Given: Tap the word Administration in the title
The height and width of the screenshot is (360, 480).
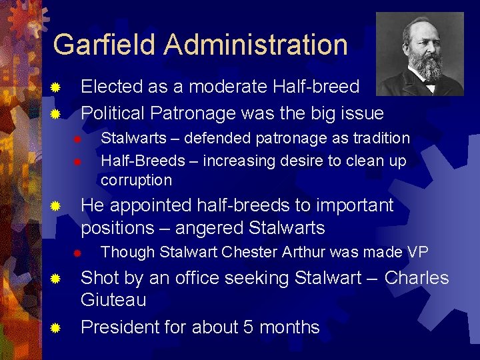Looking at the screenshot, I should pyautogui.click(x=255, y=45).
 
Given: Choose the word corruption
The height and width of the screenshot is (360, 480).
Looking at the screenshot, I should pyautogui.click(x=136, y=180).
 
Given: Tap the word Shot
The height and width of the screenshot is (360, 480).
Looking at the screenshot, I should pyautogui.click(x=99, y=278).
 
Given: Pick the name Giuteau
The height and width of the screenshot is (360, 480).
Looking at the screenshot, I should pyautogui.click(x=113, y=300).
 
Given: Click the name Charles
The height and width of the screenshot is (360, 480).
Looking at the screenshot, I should pyautogui.click(x=417, y=278).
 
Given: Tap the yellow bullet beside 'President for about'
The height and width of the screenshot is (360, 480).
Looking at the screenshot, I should pyautogui.click(x=57, y=328).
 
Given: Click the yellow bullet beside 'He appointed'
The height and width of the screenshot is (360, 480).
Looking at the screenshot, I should pyautogui.click(x=57, y=207).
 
